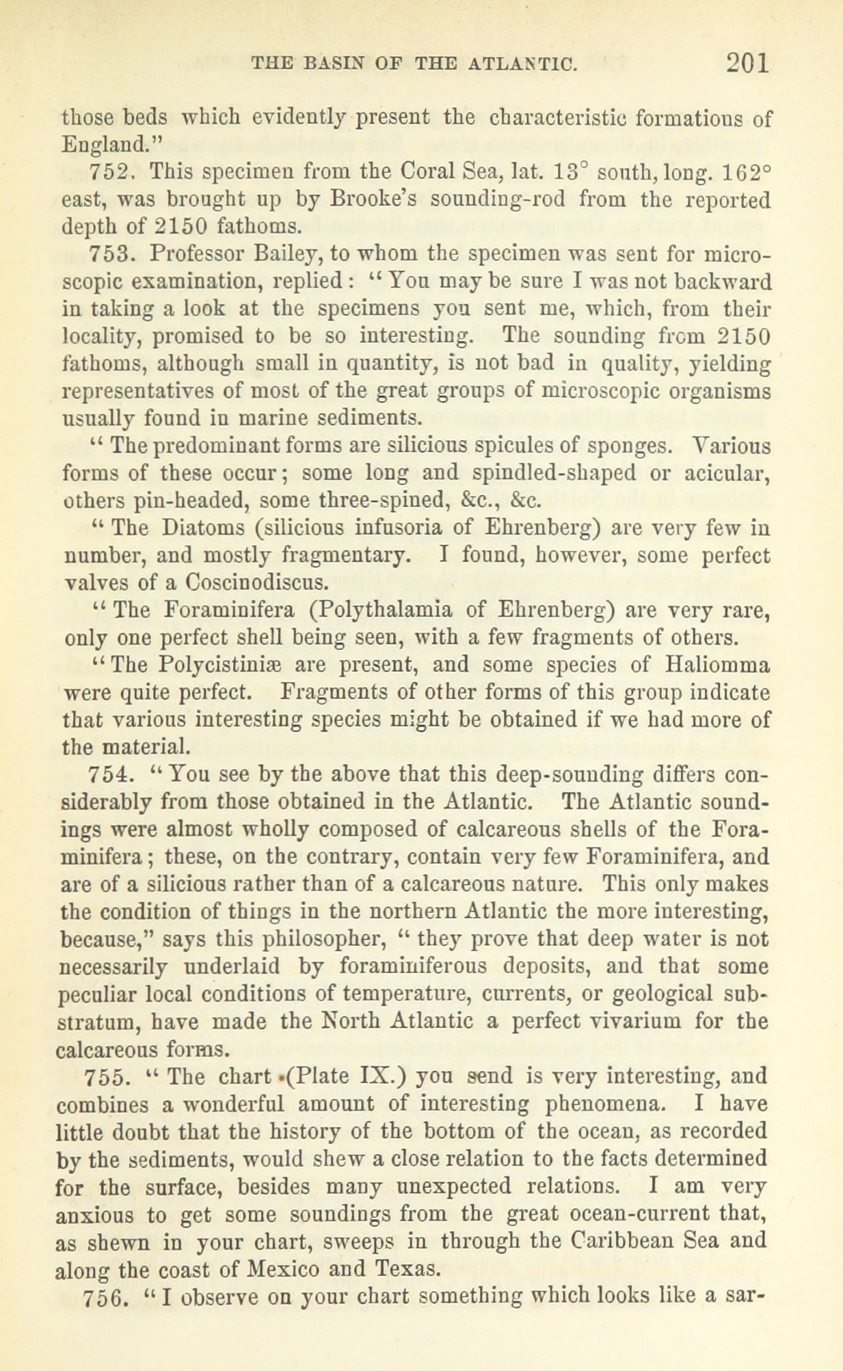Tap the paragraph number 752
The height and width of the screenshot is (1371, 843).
pyautogui.click(x=109, y=171)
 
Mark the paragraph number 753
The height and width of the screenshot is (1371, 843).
pyautogui.click(x=109, y=254)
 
